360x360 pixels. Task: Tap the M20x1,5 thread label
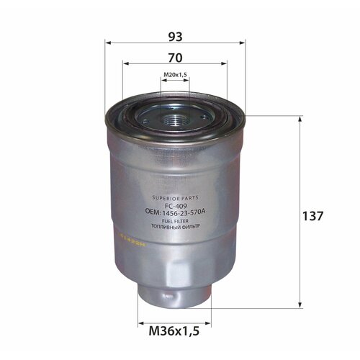point(175,75)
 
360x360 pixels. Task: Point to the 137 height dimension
point(315,215)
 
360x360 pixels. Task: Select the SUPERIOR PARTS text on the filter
point(176,197)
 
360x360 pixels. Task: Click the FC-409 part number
point(176,204)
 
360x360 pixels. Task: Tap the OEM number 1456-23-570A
point(176,212)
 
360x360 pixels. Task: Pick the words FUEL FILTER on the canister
point(176,220)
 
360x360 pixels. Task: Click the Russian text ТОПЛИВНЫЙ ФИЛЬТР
point(176,227)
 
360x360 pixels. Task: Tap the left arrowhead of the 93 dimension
point(107,42)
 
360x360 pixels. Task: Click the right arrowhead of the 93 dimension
point(243,42)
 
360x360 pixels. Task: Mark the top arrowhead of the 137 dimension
point(300,118)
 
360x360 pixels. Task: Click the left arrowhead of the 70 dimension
point(125,63)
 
